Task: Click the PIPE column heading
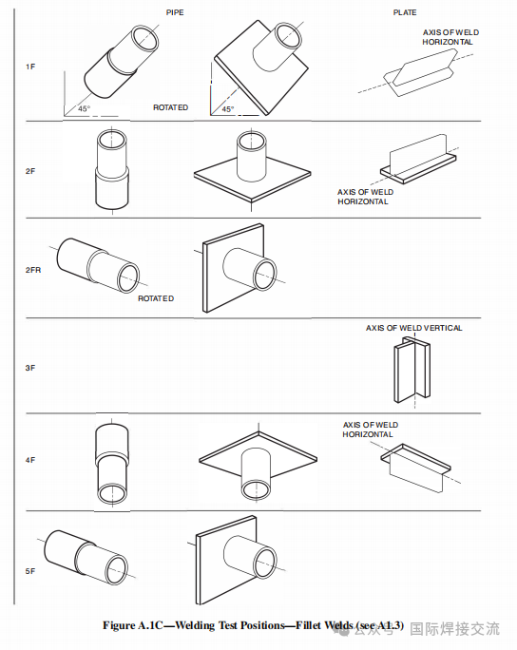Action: click(175, 12)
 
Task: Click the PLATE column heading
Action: click(405, 12)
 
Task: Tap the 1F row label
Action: click(30, 67)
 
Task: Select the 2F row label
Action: click(30, 171)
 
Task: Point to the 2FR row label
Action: click(33, 270)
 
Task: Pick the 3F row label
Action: click(30, 368)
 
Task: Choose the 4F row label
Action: click(30, 460)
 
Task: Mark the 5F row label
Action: click(30, 571)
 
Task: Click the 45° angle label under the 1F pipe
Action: click(84, 108)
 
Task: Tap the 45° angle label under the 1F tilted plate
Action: click(227, 109)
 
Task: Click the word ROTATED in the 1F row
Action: click(170, 107)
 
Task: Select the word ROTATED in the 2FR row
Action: click(156, 298)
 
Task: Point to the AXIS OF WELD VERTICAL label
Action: click(413, 328)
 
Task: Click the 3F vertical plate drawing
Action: click(412, 369)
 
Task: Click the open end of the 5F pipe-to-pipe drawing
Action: click(117, 570)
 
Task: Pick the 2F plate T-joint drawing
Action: click(418, 159)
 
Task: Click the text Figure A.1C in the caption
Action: click(133, 625)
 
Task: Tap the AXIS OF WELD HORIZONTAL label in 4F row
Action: click(371, 430)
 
